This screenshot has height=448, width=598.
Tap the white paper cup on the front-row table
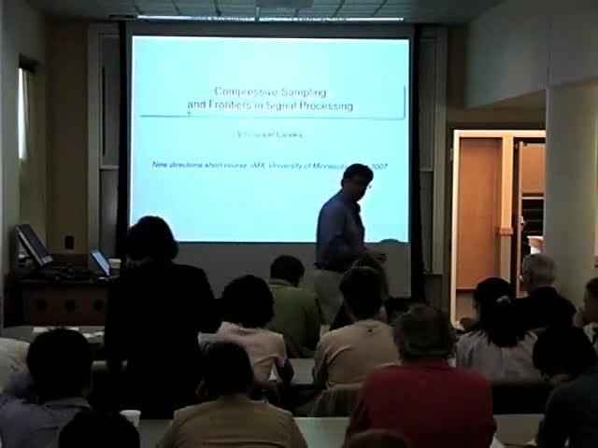tap(130, 418)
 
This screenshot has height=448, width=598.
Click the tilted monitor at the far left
tap(34, 245)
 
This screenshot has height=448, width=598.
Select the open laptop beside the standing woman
tap(100, 262)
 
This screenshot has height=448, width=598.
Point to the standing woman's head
tap(152, 240)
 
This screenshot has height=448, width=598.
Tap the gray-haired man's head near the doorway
tap(537, 272)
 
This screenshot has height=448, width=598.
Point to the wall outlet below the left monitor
tap(69, 242)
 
